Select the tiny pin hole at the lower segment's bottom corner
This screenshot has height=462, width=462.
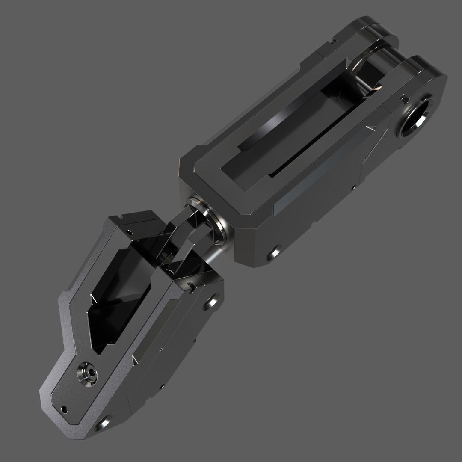[x=65, y=409]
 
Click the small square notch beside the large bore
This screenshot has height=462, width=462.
[x=403, y=99]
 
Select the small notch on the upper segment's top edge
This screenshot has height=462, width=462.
[x=333, y=41]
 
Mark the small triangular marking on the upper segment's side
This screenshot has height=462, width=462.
[x=370, y=127]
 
